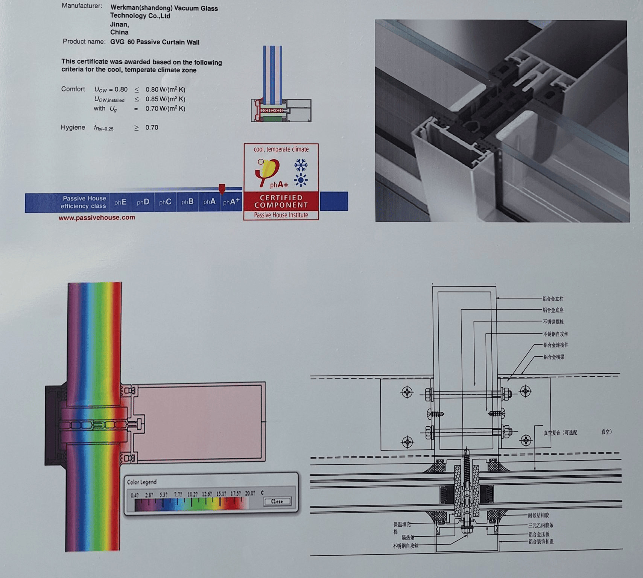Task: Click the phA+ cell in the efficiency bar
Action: (x=231, y=202)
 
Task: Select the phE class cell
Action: (x=120, y=202)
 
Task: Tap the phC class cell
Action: (x=165, y=202)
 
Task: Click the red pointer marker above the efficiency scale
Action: (x=222, y=189)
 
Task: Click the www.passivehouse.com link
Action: (x=97, y=218)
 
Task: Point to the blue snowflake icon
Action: (x=301, y=164)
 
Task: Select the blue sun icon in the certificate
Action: (x=301, y=180)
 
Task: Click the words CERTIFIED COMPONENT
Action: (x=281, y=201)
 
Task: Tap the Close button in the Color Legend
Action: (x=277, y=501)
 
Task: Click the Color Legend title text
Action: (x=141, y=482)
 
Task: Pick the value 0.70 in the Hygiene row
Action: (x=152, y=128)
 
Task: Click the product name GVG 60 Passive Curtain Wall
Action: (x=155, y=42)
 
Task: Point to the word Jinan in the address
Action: (x=119, y=24)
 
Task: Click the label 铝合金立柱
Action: (x=553, y=299)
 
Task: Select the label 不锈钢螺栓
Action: (x=553, y=322)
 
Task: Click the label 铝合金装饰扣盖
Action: (x=541, y=541)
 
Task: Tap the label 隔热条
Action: (x=408, y=537)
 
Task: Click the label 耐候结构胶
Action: (x=538, y=516)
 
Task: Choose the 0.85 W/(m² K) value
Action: (x=165, y=99)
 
